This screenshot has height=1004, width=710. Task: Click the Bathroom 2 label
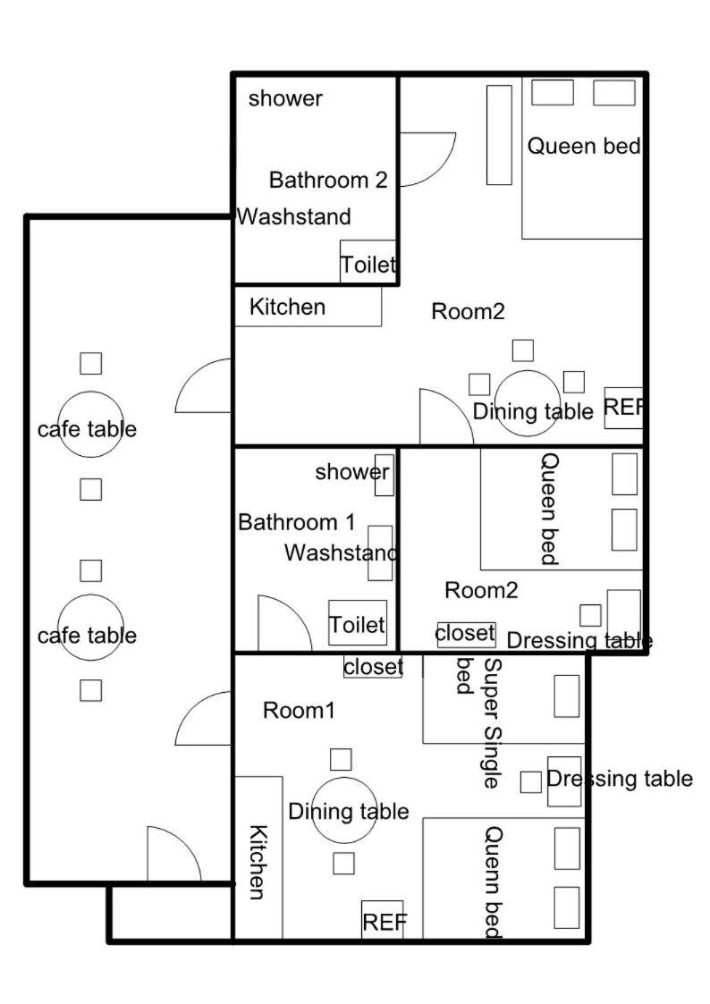(x=328, y=180)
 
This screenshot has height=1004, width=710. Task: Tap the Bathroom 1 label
(x=296, y=522)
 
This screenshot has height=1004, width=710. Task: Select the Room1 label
(x=299, y=710)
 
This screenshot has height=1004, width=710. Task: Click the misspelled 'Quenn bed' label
(x=494, y=882)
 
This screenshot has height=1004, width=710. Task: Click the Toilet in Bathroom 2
(x=368, y=262)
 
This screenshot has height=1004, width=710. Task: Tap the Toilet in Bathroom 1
(x=358, y=622)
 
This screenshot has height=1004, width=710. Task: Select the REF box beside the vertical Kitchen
(x=382, y=920)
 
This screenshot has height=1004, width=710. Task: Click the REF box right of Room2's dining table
(x=623, y=408)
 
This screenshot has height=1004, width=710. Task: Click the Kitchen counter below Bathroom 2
(x=308, y=307)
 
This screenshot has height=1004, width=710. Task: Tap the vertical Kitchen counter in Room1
(x=258, y=858)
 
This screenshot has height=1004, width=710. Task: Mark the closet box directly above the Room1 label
(x=373, y=667)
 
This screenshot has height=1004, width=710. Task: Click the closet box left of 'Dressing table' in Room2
(x=466, y=634)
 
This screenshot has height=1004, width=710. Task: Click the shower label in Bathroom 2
(x=285, y=98)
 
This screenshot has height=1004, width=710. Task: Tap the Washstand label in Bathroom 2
(x=294, y=217)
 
